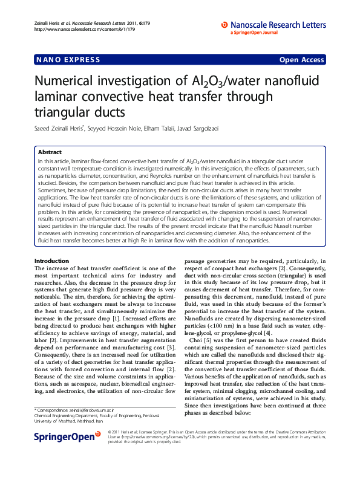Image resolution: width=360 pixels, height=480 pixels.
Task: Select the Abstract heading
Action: coord(50,152)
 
